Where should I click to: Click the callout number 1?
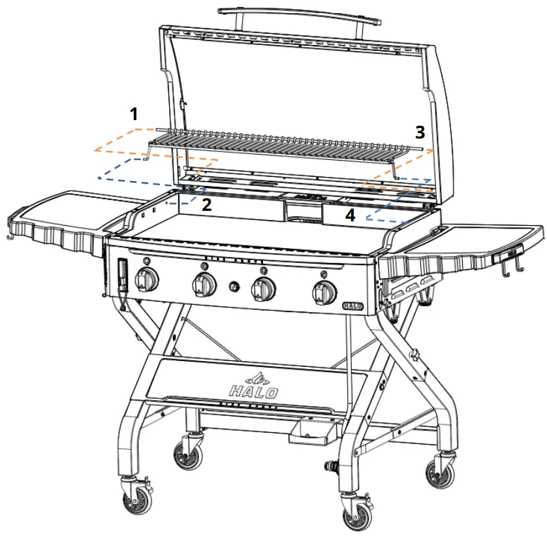coord(134,115)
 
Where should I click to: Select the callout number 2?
coord(206,205)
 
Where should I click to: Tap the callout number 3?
coord(420,133)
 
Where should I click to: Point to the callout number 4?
coord(351,215)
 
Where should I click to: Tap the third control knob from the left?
coord(262,288)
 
